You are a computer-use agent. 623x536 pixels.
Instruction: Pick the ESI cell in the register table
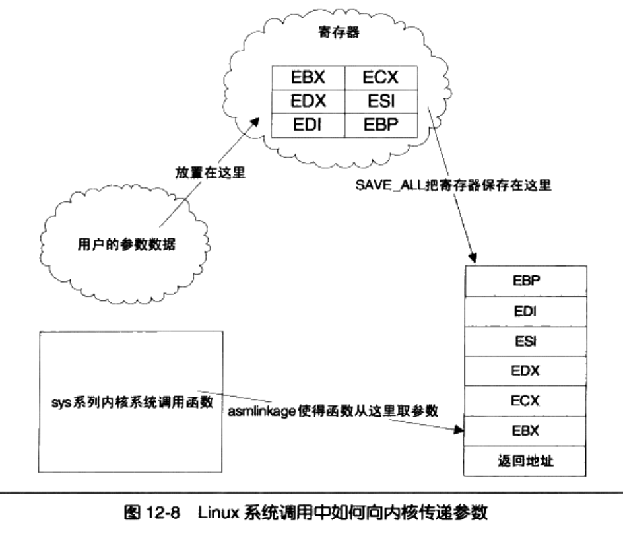click(379, 100)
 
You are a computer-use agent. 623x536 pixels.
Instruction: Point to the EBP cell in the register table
click(379, 125)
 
